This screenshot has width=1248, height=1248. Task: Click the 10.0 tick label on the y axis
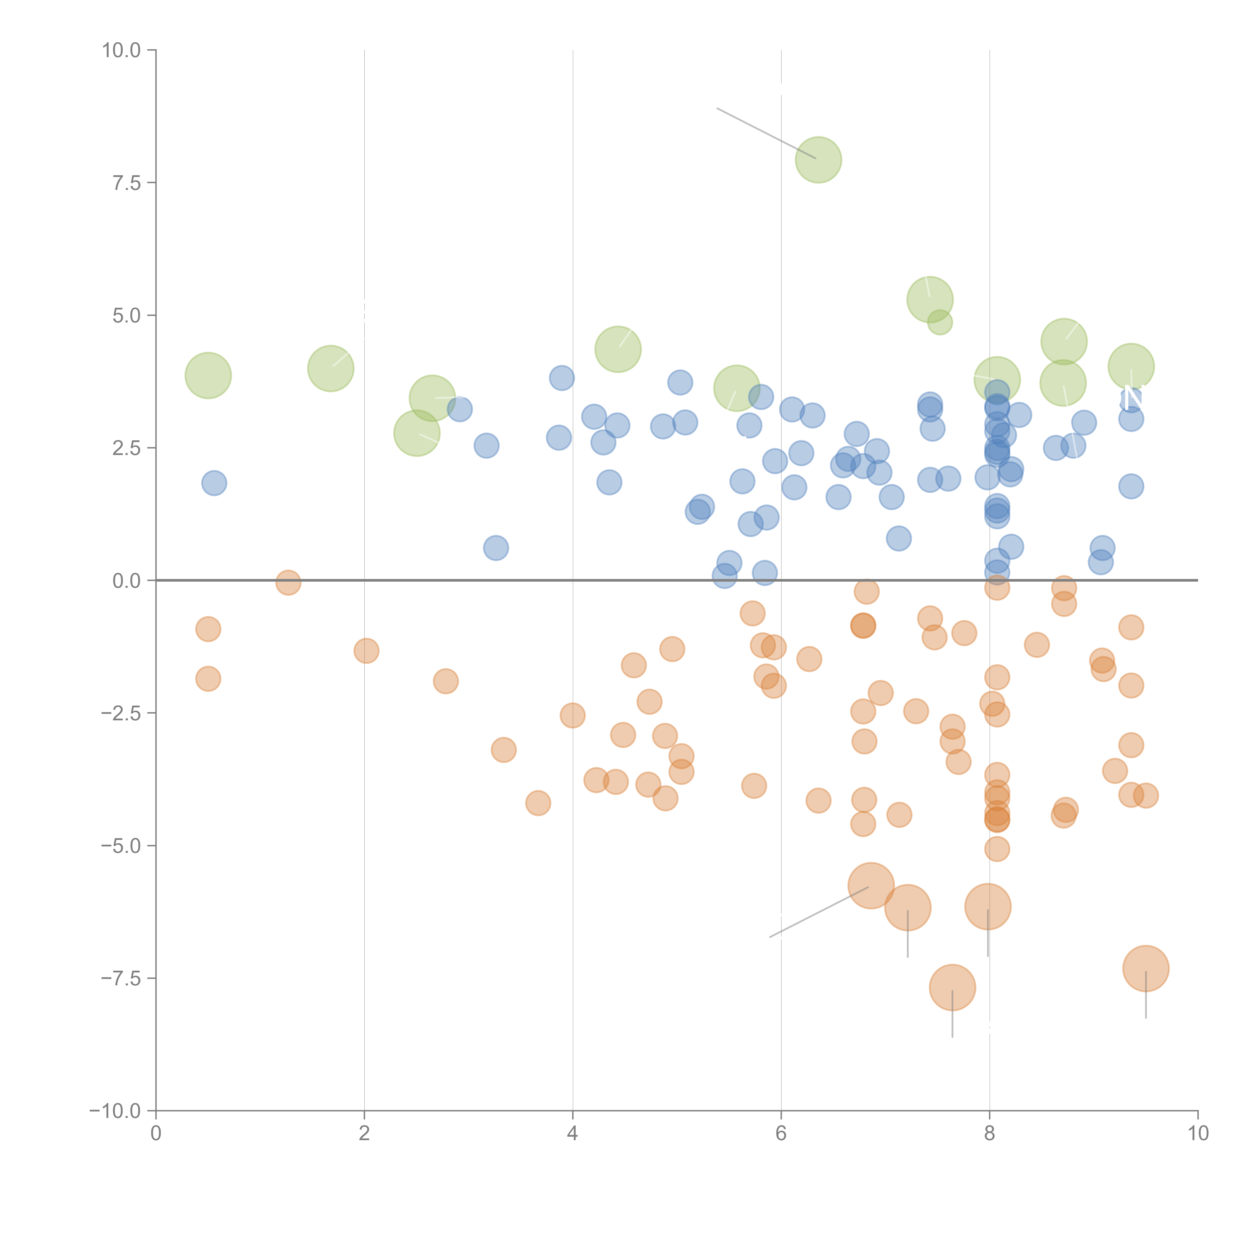tap(122, 50)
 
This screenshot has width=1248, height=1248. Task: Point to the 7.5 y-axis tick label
tap(127, 183)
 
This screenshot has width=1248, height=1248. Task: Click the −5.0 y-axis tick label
tap(122, 846)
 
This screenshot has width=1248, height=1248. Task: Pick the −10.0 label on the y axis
tap(116, 1111)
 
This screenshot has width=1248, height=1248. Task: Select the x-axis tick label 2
tap(364, 1134)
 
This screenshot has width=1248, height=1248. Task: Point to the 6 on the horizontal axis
tap(781, 1134)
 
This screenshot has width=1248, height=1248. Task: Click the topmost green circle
tap(818, 159)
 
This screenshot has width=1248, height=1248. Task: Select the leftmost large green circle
tap(208, 375)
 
